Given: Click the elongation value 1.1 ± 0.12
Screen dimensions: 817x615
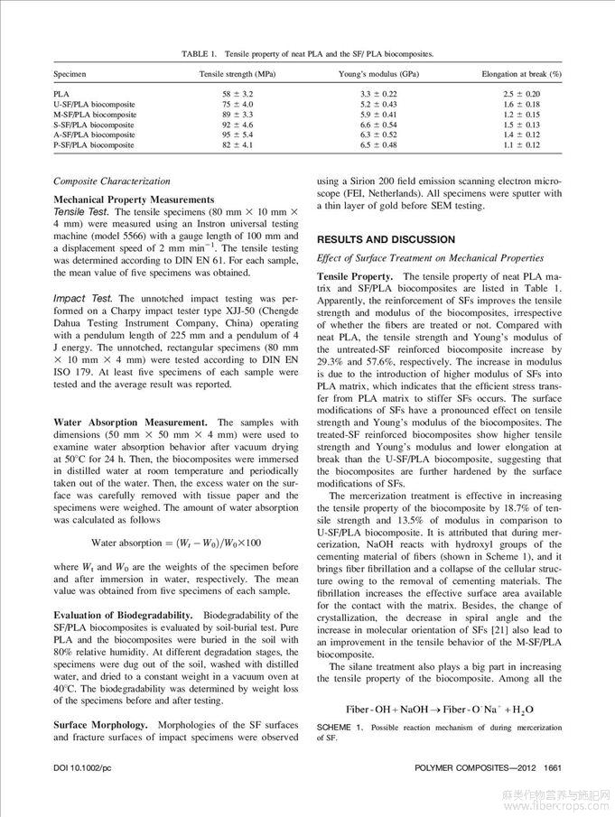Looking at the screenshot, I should click(521, 144).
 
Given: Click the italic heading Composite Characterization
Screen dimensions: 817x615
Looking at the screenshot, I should click(111, 181).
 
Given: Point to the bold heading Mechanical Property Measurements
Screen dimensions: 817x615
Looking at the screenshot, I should click(134, 199).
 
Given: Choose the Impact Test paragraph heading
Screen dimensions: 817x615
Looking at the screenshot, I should click(83, 297).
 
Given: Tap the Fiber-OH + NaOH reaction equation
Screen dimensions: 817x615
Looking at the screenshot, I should click(439, 709).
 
